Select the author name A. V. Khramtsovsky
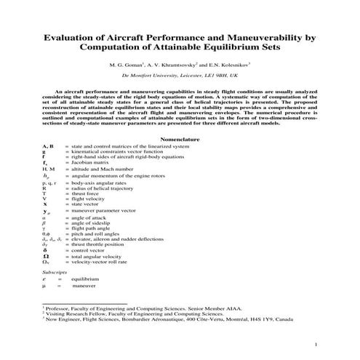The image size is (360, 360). click(x=186, y=65)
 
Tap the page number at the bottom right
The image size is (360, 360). click(x=314, y=344)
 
